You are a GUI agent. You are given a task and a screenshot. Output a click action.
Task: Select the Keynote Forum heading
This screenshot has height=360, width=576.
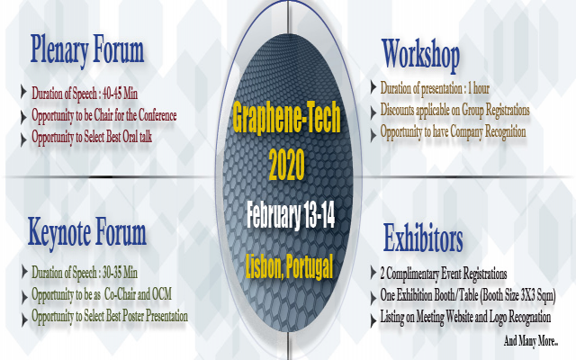tap(86, 231)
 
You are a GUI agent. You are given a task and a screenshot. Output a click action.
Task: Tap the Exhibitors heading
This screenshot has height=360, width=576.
tap(423, 240)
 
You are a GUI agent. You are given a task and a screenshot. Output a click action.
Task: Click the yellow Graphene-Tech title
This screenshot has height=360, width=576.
tap(285, 118)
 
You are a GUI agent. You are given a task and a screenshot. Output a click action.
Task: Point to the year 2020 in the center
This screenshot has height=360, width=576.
tap(286, 164)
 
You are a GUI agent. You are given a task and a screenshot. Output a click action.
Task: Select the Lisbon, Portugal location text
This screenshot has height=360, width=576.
tap(287, 265)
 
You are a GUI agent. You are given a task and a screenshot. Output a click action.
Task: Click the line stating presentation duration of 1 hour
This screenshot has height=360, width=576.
tap(435, 87)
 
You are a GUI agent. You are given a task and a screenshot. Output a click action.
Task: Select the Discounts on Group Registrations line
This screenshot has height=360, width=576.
tap(454, 110)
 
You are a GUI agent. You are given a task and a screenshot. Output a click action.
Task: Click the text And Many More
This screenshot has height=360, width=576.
tap(531, 341)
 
